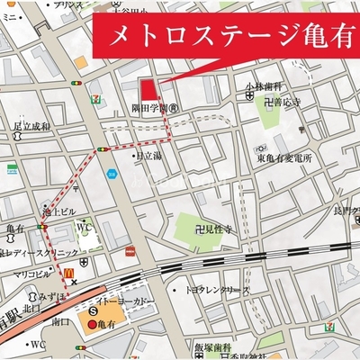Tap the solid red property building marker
pos(147,90)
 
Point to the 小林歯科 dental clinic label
pos(260,88)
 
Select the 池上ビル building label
pos(60,211)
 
